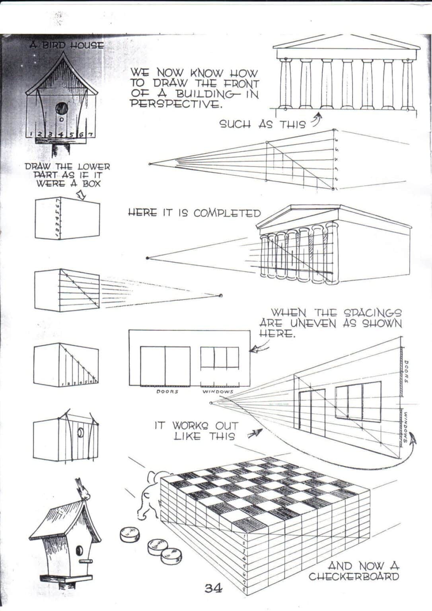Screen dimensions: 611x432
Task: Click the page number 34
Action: click(x=213, y=588)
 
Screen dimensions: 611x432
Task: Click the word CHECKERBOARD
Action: click(x=353, y=576)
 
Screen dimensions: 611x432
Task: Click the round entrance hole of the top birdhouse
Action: click(x=62, y=108)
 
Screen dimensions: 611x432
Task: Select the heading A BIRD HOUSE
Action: click(x=66, y=45)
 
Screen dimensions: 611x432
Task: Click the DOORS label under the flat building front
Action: click(x=167, y=391)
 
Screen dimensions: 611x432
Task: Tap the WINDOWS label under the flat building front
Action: click(x=218, y=391)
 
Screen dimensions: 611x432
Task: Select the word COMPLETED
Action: click(x=227, y=213)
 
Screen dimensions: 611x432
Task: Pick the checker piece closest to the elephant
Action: click(x=130, y=534)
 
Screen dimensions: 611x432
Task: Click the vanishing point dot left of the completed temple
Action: click(x=148, y=258)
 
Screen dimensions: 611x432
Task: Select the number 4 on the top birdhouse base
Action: click(x=61, y=134)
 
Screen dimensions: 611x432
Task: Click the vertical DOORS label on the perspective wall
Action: click(x=406, y=372)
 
